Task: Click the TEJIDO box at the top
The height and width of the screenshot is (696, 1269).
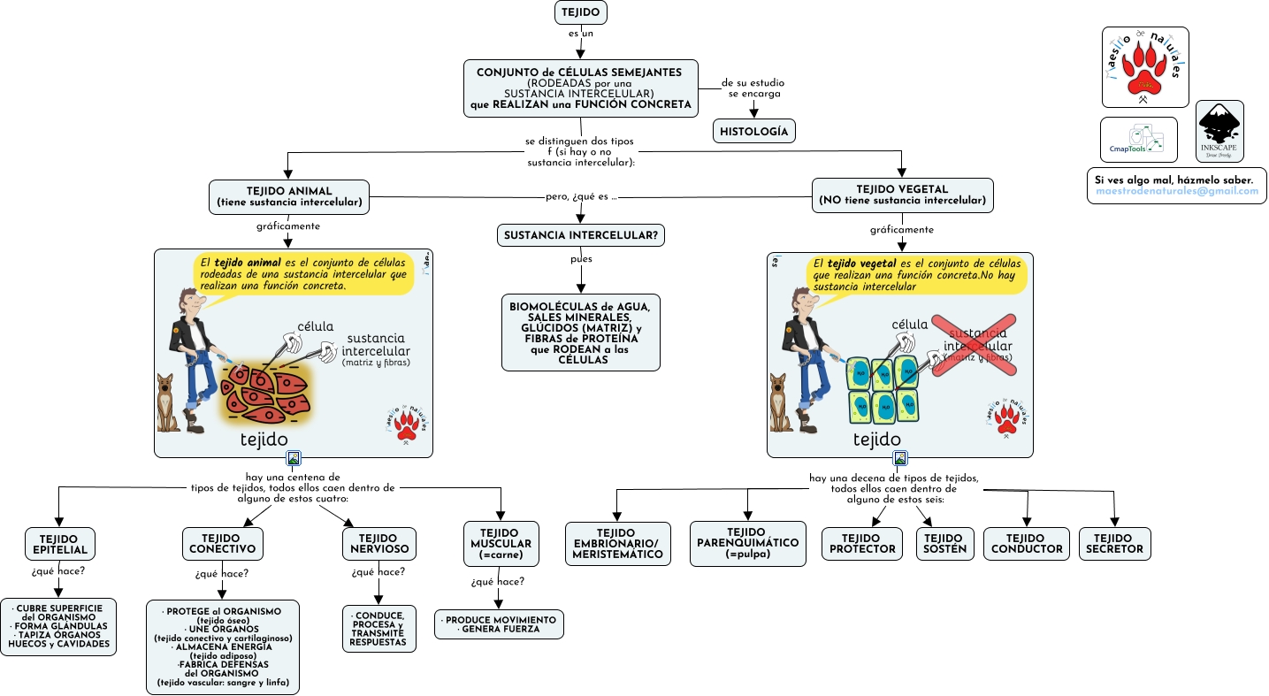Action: (x=580, y=12)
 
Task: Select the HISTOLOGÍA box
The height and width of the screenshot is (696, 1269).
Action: (x=754, y=131)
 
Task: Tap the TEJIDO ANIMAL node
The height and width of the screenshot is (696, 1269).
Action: (x=289, y=196)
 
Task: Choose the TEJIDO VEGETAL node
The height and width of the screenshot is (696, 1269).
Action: (x=902, y=195)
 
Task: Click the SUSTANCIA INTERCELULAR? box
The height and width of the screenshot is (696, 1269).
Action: (x=580, y=235)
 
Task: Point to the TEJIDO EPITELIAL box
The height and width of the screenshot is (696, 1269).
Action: (x=58, y=544)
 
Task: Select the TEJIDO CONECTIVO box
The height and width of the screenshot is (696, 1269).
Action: (x=222, y=543)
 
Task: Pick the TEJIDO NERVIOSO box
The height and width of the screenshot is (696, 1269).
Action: (x=378, y=543)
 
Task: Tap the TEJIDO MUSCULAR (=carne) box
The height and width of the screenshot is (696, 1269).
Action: (x=501, y=543)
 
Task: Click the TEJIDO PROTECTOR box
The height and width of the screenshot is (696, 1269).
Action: (x=862, y=543)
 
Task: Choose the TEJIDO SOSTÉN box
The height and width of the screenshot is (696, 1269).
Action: (x=944, y=543)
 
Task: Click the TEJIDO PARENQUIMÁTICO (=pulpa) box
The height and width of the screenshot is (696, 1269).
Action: (x=748, y=543)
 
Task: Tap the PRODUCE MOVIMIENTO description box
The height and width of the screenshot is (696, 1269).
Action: (x=500, y=624)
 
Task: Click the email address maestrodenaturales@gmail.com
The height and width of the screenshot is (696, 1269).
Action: (x=1176, y=192)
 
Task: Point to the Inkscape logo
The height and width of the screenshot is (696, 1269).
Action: (x=1219, y=131)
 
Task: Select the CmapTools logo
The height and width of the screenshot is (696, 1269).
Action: (x=1138, y=140)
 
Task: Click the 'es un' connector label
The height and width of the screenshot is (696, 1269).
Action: (x=580, y=34)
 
